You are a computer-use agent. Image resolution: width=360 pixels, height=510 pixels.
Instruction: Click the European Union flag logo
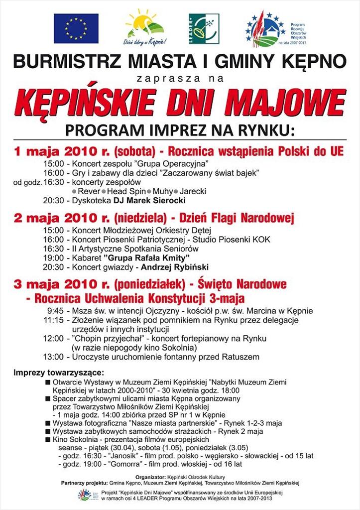(76, 28)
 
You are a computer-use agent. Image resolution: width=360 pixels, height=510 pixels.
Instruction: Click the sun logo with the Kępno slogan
(144, 29)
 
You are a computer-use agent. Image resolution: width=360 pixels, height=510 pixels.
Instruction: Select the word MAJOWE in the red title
(298, 102)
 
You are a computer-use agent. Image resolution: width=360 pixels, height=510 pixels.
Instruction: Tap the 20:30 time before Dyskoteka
(53, 201)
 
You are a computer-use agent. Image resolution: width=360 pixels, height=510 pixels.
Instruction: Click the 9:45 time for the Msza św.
(55, 311)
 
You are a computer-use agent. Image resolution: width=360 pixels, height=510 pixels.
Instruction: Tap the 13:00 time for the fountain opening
(53, 357)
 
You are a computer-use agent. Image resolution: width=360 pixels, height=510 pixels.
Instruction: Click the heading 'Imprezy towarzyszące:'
(59, 373)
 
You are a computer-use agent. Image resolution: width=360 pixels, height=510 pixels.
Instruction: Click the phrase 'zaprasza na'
(179, 79)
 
